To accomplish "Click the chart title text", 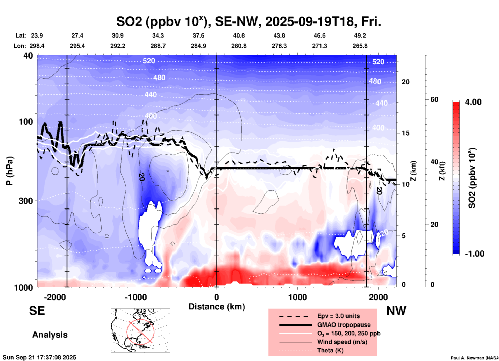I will [248, 21].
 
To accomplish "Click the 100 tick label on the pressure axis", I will [26, 121].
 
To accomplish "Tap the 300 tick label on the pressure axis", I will [26, 201].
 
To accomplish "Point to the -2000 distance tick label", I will [55, 297].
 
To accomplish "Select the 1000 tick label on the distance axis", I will [297, 297].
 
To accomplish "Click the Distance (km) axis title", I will [217, 307].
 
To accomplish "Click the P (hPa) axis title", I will [10, 171].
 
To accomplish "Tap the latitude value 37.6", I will [198, 35].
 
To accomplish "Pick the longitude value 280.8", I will [239, 46].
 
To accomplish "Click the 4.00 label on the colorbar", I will [473, 102].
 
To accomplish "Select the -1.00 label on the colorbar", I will [474, 254].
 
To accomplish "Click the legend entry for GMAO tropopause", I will [344, 325].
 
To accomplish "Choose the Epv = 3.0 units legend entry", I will [338, 316].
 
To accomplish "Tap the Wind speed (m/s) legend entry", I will [342, 342].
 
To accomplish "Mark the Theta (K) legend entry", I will [330, 350].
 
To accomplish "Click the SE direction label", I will [37, 311].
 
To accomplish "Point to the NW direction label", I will [396, 311].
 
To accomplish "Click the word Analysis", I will [50, 335].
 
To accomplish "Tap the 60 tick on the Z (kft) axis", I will [434, 100].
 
